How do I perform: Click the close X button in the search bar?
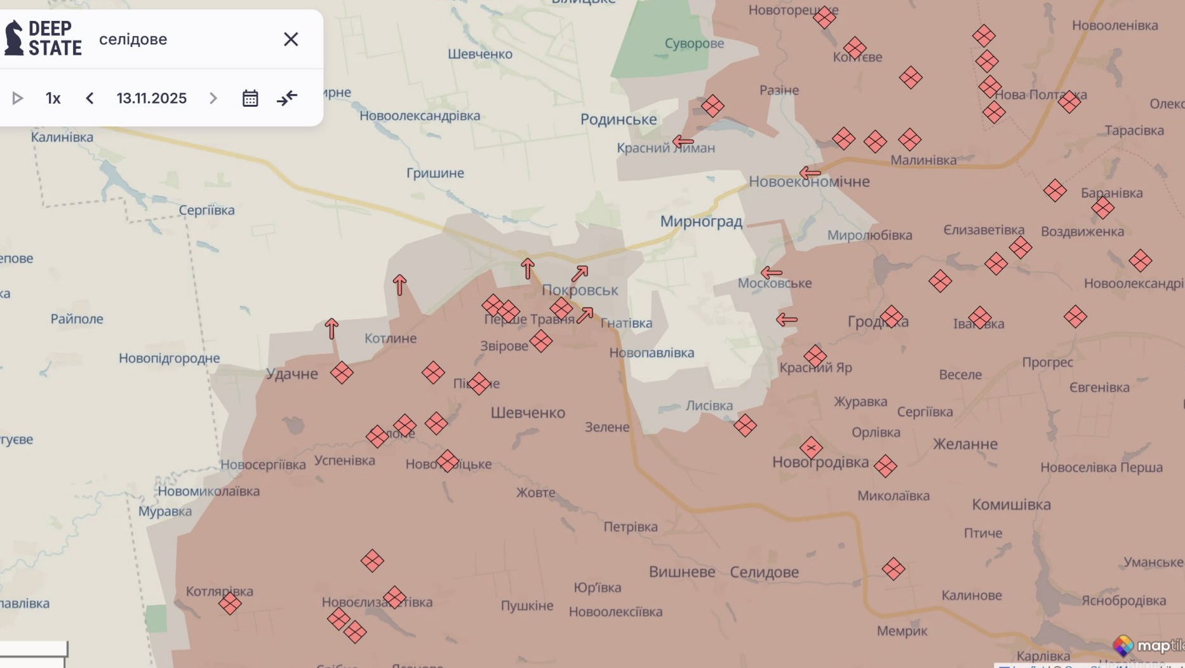(291, 39)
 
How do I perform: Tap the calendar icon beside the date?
(250, 99)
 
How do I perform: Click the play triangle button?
(18, 99)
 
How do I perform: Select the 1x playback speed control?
(53, 99)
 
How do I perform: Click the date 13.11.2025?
(151, 99)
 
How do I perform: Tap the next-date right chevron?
(213, 99)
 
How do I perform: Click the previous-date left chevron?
(90, 99)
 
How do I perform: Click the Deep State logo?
(43, 38)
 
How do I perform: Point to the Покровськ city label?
(579, 290)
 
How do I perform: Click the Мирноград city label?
(701, 222)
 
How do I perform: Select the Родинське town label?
(619, 119)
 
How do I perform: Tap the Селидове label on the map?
(764, 572)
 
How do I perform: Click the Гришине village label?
(435, 173)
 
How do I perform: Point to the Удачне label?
(291, 374)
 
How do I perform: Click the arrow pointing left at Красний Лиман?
(683, 142)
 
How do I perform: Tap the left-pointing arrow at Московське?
(771, 273)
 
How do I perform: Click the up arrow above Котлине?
(399, 285)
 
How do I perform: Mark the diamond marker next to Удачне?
(342, 373)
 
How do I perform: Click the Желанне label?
(965, 444)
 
